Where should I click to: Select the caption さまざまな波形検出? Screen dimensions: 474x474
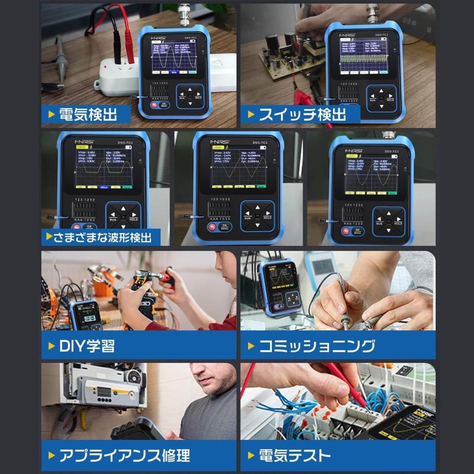point(102,238)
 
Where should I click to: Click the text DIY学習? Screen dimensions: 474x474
point(87,346)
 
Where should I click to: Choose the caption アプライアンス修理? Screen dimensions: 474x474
point(125,455)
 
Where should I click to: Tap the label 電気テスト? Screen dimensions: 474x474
point(295,455)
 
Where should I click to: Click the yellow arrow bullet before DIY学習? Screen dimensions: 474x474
point(51,346)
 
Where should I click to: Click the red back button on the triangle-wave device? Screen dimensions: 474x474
point(212,227)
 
